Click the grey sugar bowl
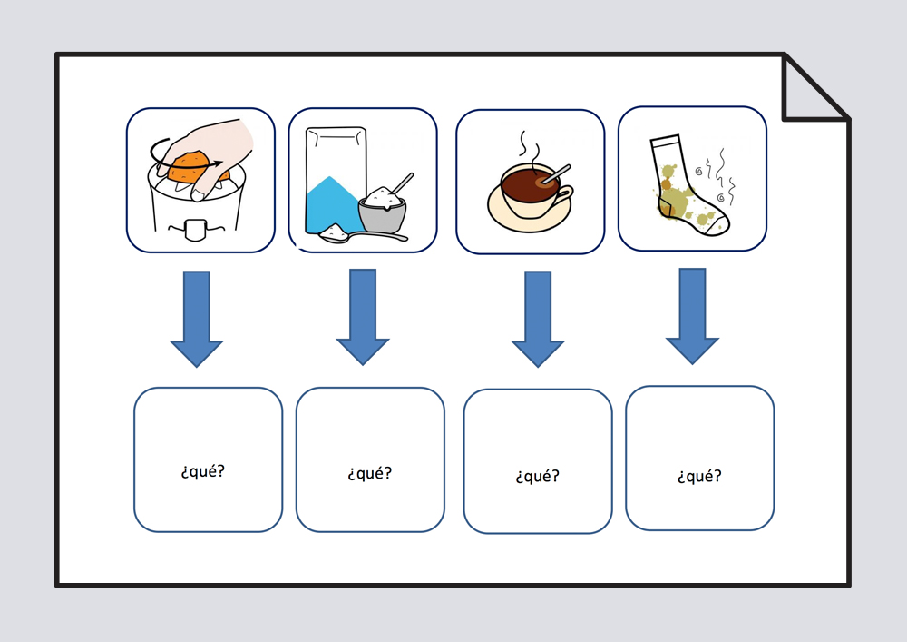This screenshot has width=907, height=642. pos(383,211)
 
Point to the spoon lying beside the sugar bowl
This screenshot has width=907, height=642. pos(358,236)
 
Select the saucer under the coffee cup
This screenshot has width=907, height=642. pos(531,218)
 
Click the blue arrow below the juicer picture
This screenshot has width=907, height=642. pos(196,318)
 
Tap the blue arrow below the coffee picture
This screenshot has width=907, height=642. pos(538,319)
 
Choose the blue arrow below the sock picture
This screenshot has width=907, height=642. pos(692,315)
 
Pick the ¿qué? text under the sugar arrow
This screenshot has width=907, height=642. pos(369,473)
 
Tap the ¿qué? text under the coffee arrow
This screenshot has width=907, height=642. pos(537,476)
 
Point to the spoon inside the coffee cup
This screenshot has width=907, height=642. pos(554,174)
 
